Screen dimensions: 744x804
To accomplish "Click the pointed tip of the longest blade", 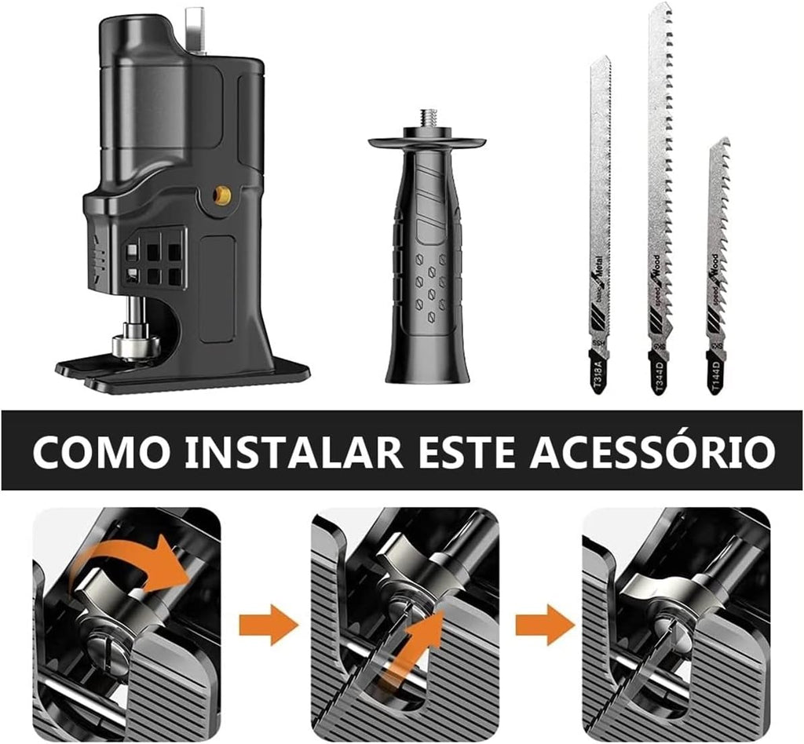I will [661, 8].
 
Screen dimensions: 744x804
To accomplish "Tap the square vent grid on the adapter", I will [154, 257].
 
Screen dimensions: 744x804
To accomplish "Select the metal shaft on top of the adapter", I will [195, 27].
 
